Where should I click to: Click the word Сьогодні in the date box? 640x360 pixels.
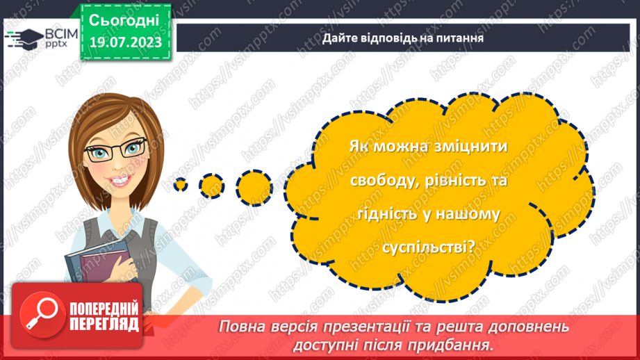click(x=124, y=19)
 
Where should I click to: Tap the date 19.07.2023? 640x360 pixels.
click(x=124, y=42)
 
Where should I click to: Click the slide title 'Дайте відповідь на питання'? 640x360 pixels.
click(x=402, y=38)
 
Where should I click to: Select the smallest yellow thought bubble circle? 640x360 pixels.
click(x=181, y=185)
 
